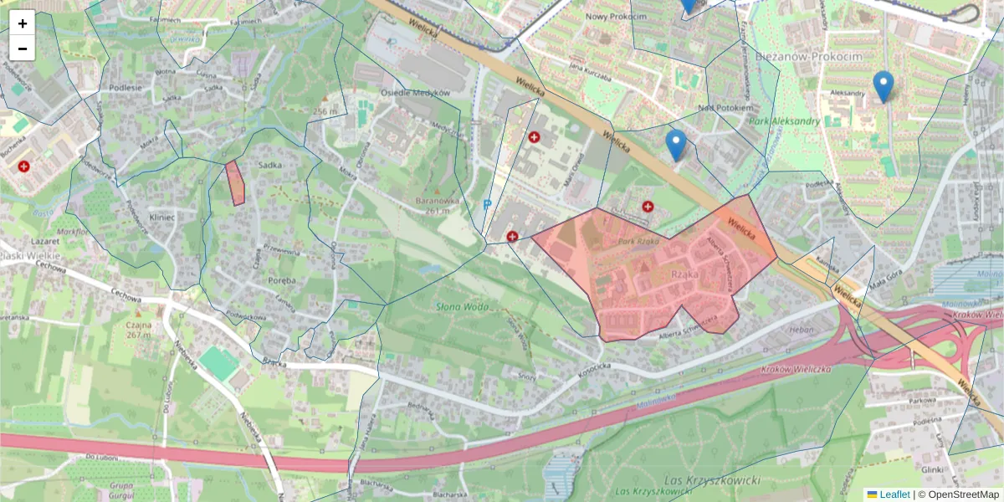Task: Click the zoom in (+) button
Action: point(23,23)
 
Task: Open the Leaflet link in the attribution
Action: point(894,494)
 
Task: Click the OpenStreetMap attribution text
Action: point(964,494)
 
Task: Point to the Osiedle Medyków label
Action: point(415,92)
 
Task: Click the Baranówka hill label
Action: point(438,201)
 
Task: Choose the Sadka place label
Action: point(270,165)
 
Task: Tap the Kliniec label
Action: point(161,217)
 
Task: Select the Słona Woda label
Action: point(462,307)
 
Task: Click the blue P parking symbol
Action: point(488,204)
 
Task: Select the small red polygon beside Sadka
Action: point(235,183)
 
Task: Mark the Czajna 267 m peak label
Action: point(138,329)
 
